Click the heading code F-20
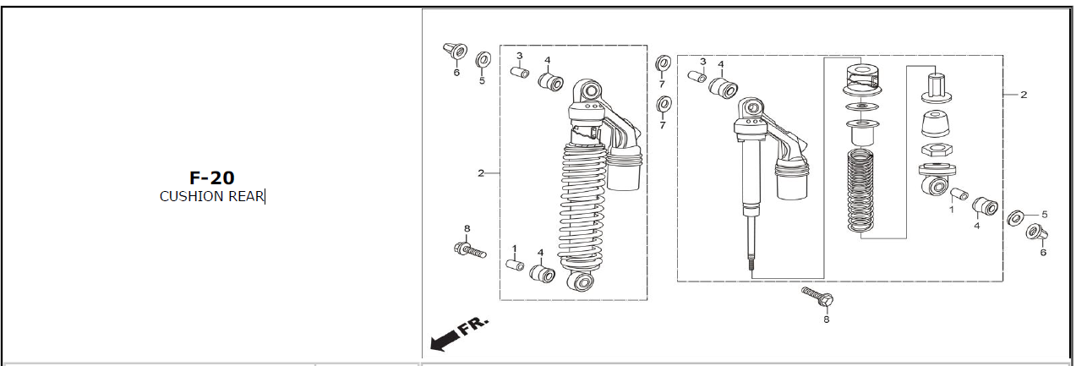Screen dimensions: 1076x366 tap(212, 178)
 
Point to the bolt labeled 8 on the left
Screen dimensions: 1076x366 tap(470, 249)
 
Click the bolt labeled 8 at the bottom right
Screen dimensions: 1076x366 tap(817, 297)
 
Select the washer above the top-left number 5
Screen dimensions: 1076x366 tap(483, 59)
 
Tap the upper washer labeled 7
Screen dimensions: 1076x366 tap(664, 63)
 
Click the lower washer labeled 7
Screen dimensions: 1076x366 tap(664, 104)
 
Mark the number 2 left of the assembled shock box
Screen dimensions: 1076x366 tap(481, 173)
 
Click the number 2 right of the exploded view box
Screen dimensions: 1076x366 tap(1024, 95)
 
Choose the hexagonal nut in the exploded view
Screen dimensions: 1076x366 tap(937, 150)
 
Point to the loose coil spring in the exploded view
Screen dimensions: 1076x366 tap(860, 189)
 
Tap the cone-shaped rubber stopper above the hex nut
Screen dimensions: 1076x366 tap(936, 125)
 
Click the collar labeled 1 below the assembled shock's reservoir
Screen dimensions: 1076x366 tap(515, 265)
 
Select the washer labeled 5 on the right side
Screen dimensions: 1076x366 tap(1015, 219)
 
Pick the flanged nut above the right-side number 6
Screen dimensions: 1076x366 tap(1036, 233)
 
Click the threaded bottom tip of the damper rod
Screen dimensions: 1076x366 tap(751, 265)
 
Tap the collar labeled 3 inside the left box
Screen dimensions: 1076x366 tap(520, 72)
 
